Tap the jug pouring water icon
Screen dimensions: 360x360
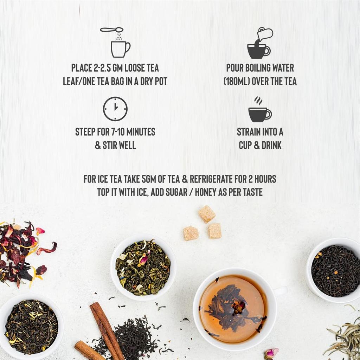[260, 43]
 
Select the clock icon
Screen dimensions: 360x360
[115, 109]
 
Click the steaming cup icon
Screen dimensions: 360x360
[259, 110]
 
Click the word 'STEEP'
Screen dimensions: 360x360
[85, 132]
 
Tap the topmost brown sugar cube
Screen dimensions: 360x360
[207, 214]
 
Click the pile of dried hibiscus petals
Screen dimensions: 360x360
[21, 253]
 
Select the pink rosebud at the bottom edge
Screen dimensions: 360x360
[271, 353]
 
